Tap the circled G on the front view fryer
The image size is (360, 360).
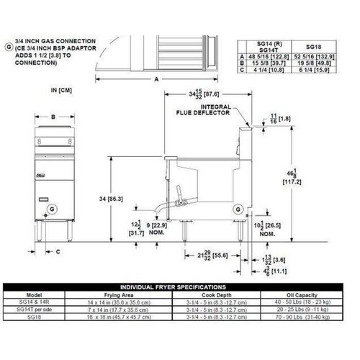pos(50,209)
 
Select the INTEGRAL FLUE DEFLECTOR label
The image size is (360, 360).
pos(204,110)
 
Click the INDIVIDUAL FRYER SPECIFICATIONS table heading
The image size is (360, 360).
pos(180,286)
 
